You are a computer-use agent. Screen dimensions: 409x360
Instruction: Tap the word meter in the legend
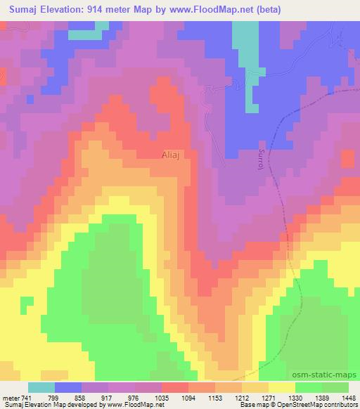(12, 397)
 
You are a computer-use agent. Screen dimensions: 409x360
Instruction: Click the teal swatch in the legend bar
(41, 387)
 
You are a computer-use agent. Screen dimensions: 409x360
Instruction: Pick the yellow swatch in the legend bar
(282, 387)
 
